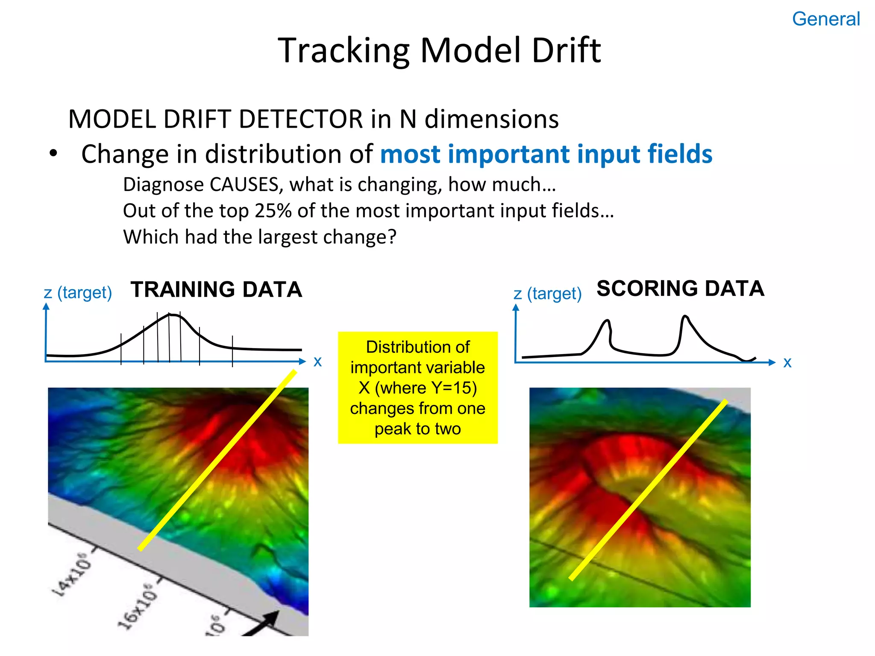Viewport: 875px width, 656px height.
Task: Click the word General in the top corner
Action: [x=825, y=19]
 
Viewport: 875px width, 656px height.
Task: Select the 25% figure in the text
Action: [x=273, y=211]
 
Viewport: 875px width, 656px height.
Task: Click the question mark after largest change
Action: [x=392, y=237]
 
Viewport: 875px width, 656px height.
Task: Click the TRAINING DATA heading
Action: [x=216, y=290]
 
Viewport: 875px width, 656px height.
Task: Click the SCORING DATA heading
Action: [x=680, y=288]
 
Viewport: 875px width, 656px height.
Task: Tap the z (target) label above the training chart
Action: [x=78, y=293]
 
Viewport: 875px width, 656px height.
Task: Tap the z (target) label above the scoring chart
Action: [x=547, y=294]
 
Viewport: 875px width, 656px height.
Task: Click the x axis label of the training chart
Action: [x=317, y=362]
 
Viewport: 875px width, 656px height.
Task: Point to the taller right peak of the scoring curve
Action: [x=685, y=316]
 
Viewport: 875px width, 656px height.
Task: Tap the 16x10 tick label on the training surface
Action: [x=138, y=606]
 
